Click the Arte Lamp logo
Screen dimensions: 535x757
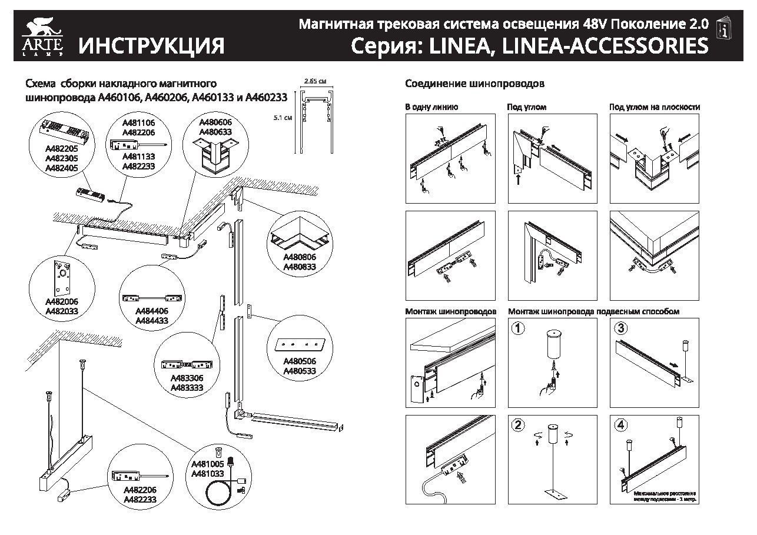[39, 36]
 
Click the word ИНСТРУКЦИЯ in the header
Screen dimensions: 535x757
[152, 45]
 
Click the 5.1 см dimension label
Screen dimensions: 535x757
[284, 118]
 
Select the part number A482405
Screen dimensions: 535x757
[62, 168]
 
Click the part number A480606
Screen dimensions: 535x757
[215, 122]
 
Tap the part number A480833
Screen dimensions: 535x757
[300, 267]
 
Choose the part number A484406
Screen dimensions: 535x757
[152, 311]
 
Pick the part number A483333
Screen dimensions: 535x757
[187, 388]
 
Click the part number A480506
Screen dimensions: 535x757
[300, 361]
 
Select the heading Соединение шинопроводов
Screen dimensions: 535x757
[474, 84]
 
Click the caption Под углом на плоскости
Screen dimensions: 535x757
[655, 107]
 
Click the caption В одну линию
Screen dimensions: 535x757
[431, 107]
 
